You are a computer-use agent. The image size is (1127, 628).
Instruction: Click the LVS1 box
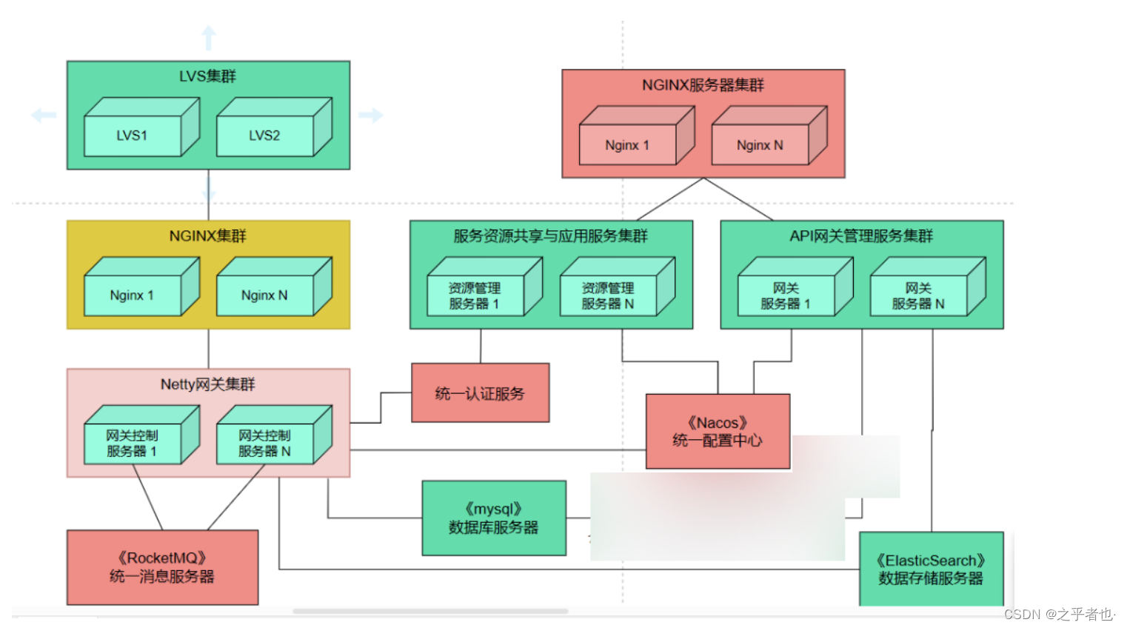133,136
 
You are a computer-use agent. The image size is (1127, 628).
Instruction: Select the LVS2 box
264,136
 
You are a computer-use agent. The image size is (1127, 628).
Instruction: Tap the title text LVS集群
207,76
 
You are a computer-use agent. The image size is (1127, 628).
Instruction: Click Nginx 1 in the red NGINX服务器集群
627,145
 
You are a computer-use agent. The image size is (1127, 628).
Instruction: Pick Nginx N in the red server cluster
760,145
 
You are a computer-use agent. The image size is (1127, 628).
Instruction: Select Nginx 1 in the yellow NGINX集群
133,295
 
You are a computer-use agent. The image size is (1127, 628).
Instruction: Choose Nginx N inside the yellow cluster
264,295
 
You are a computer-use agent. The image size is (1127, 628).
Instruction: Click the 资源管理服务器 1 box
475,295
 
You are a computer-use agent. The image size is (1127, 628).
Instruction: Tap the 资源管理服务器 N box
608,295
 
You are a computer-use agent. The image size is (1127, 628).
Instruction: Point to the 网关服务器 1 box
786,295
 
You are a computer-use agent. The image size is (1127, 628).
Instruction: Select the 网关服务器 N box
918,295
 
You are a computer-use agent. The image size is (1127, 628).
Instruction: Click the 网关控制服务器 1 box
133,443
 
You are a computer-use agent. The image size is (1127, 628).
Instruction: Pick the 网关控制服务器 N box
264,443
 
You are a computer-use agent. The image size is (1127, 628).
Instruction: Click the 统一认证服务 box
480,393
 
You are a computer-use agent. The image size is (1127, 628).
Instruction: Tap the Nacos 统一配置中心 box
718,432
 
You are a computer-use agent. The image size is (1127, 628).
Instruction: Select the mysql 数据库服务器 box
494,518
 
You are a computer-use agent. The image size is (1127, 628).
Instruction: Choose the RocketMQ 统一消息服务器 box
162,567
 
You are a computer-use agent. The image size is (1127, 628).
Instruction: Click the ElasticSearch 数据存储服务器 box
931,569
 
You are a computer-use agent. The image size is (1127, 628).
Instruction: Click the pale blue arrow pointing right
370,115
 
